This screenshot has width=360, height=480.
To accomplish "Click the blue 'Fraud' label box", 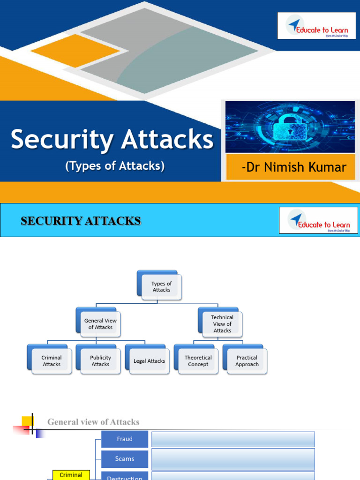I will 125,439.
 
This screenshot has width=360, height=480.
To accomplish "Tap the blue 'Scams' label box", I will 125,459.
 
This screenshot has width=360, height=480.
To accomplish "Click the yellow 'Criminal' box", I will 71,475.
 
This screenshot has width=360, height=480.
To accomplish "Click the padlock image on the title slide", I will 290,127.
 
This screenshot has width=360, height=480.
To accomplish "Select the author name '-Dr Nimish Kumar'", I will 294,167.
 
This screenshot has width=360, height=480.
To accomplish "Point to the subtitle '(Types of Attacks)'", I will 115,166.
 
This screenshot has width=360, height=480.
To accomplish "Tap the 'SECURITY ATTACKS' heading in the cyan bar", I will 81,221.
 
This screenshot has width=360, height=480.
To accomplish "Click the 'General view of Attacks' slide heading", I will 93,422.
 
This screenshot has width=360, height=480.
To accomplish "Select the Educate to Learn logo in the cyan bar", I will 318,220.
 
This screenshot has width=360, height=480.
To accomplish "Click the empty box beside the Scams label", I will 233,459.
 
